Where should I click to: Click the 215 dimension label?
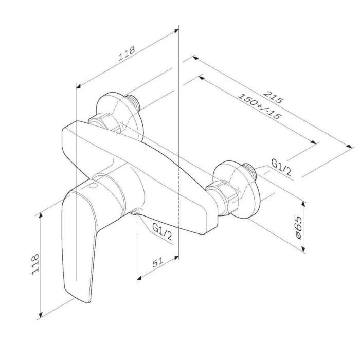tap(274, 97)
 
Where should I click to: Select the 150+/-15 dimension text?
tap(259, 106)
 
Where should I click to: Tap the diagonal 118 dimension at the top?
tap(127, 53)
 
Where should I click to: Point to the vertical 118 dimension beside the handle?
tap(35, 264)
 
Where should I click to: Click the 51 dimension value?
tap(158, 262)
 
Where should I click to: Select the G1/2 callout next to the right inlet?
tap(281, 167)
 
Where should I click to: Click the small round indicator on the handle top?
tap(94, 186)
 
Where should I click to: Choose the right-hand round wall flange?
tap(237, 189)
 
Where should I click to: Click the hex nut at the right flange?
tap(221, 197)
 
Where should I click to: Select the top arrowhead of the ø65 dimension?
tap(303, 204)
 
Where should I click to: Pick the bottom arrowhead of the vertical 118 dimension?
tap(41, 314)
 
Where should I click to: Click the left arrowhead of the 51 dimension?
tap(139, 278)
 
